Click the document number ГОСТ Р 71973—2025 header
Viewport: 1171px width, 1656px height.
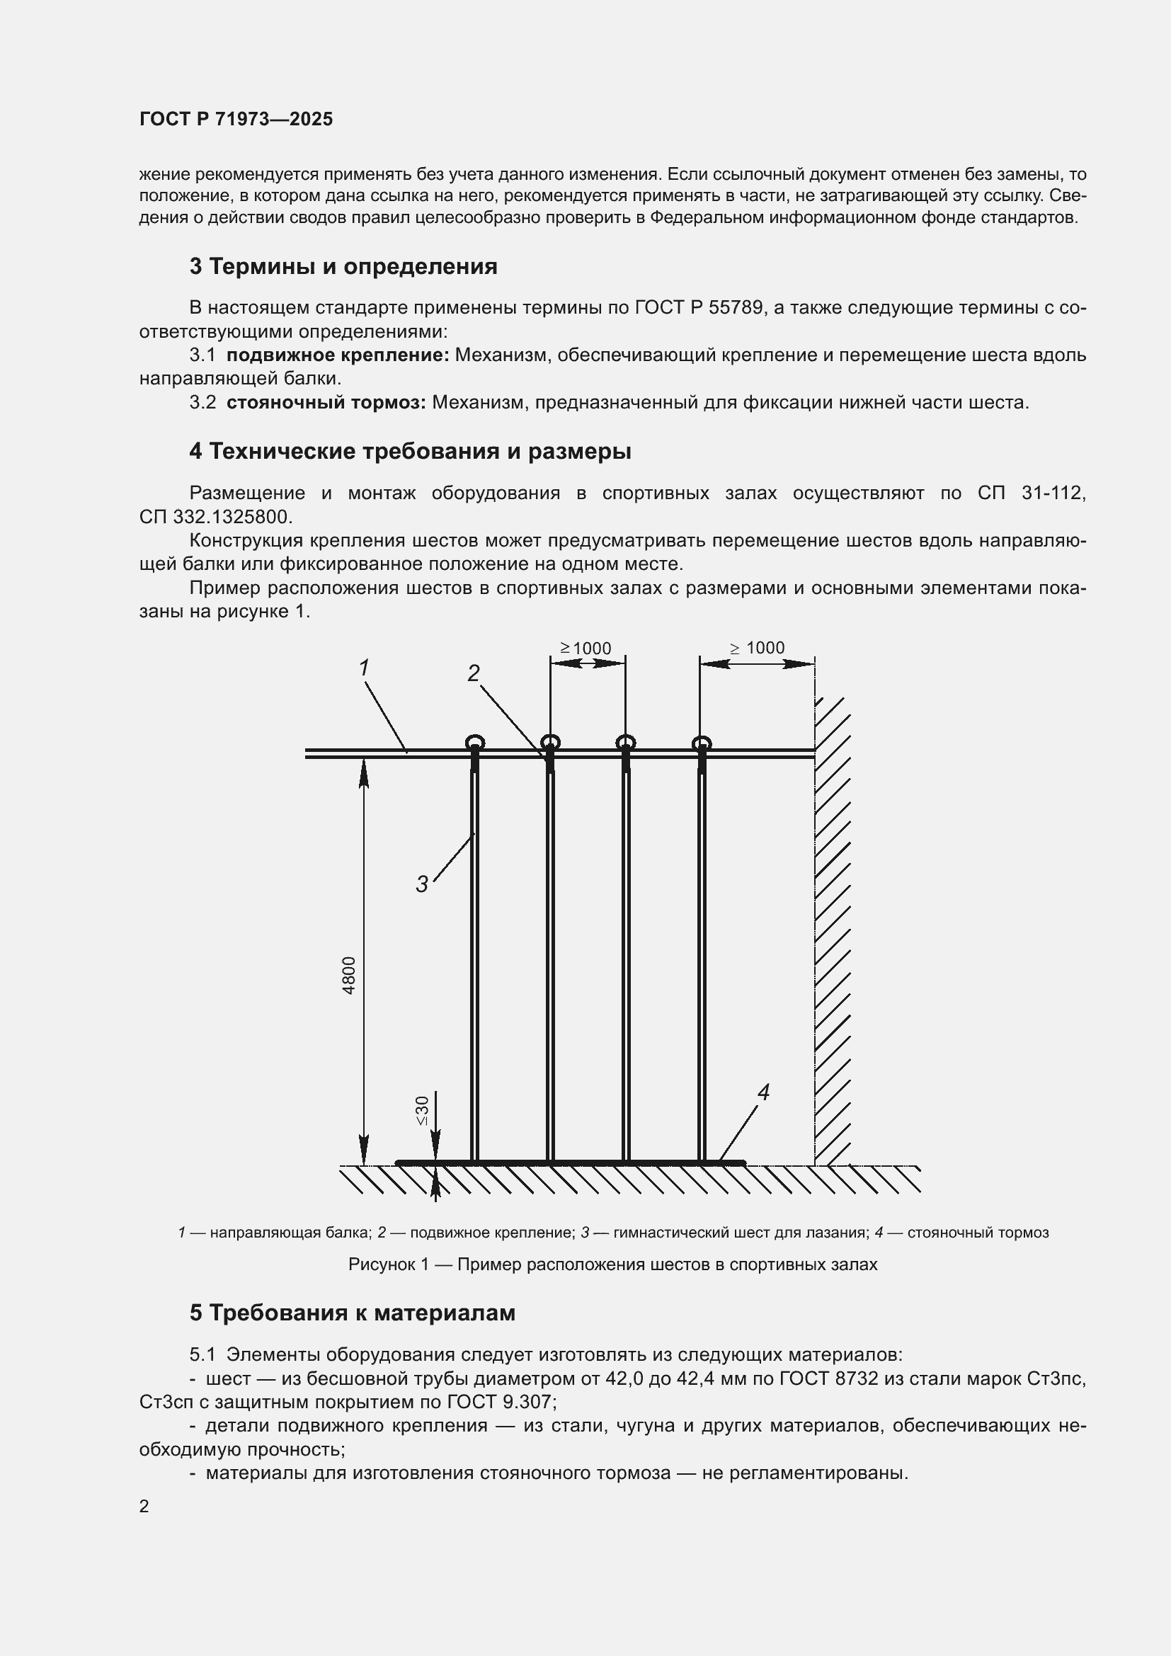pos(236,119)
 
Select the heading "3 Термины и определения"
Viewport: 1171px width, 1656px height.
pos(343,267)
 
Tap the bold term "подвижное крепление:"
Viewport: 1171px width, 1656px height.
pos(338,355)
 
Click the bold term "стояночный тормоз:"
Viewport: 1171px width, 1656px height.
pos(326,402)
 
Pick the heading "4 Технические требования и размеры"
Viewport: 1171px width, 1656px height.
pos(411,452)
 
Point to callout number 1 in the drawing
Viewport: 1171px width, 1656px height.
pos(364,668)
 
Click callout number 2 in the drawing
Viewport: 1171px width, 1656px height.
pos(473,673)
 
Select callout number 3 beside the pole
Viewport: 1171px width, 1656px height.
pos(422,884)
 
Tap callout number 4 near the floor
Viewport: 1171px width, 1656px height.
pos(763,1092)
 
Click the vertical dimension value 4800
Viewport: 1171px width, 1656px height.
pos(349,975)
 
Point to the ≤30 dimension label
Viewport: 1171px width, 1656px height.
pos(423,1110)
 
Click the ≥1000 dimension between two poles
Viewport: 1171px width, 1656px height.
pos(586,649)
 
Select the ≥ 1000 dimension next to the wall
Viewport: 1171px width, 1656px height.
pos(757,648)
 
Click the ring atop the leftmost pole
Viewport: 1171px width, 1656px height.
pos(474,742)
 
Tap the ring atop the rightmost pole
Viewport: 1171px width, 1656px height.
pos(702,743)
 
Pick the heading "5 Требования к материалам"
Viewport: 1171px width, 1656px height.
pos(353,1313)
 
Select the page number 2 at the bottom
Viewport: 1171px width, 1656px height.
pos(144,1507)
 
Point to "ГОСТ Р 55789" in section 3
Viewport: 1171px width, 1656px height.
pos(699,308)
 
